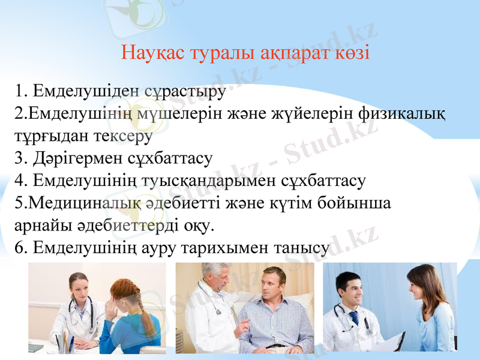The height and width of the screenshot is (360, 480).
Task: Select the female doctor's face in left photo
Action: click(x=80, y=290)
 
